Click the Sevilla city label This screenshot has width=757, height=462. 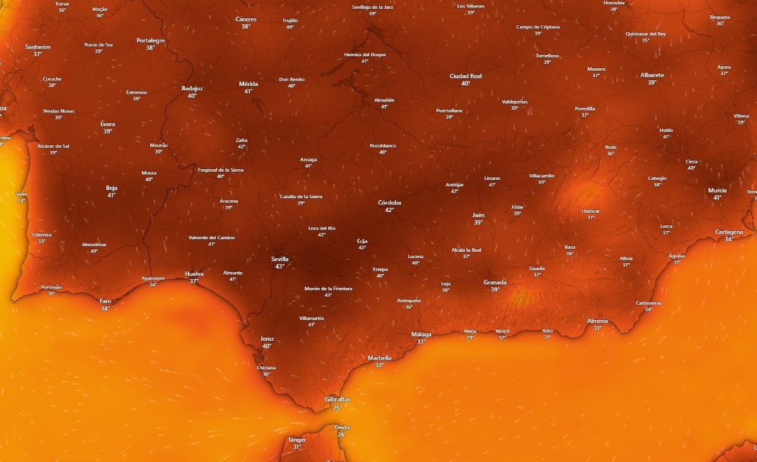[x=279, y=259]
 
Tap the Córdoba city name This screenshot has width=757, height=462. [x=389, y=203]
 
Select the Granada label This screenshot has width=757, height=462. [x=495, y=282]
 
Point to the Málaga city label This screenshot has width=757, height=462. [x=421, y=334]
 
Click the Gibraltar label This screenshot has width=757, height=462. [x=337, y=400]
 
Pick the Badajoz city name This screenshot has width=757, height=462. [x=192, y=88]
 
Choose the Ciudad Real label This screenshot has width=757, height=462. [x=466, y=76]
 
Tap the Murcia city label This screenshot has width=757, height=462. [x=717, y=190]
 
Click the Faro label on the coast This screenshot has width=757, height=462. [x=105, y=301]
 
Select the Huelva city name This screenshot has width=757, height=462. [x=194, y=273]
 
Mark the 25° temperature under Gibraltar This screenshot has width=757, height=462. [x=337, y=408]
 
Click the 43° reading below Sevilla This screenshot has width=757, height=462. [x=279, y=266]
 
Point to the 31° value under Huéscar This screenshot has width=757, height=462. [x=590, y=218]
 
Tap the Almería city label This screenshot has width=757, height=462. [x=597, y=321]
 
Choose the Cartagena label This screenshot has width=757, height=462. [x=729, y=232]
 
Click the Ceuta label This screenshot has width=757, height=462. [x=342, y=427]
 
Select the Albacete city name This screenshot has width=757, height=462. [x=652, y=74]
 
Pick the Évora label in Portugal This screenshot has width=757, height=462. [x=108, y=124]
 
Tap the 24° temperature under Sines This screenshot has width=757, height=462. [x=21, y=201]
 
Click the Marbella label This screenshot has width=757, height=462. [x=379, y=358]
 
